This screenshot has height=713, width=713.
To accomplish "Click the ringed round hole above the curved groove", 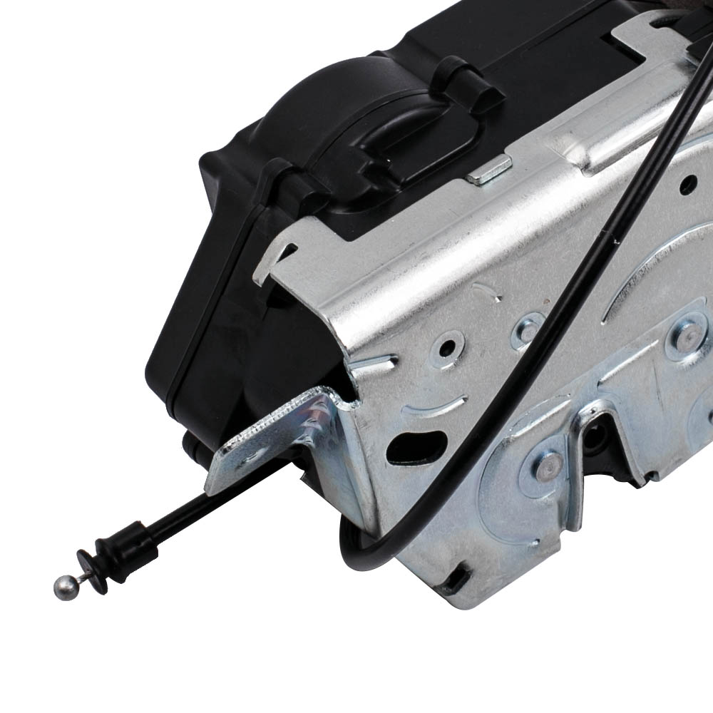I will tap(448, 349).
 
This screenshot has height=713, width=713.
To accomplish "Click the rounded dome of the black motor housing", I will tap(314, 107).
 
